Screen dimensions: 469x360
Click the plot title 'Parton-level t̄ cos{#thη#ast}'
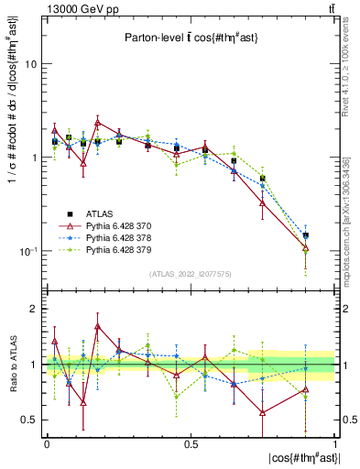(x=190, y=38)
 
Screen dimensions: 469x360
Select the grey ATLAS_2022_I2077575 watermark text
(x=190, y=273)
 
